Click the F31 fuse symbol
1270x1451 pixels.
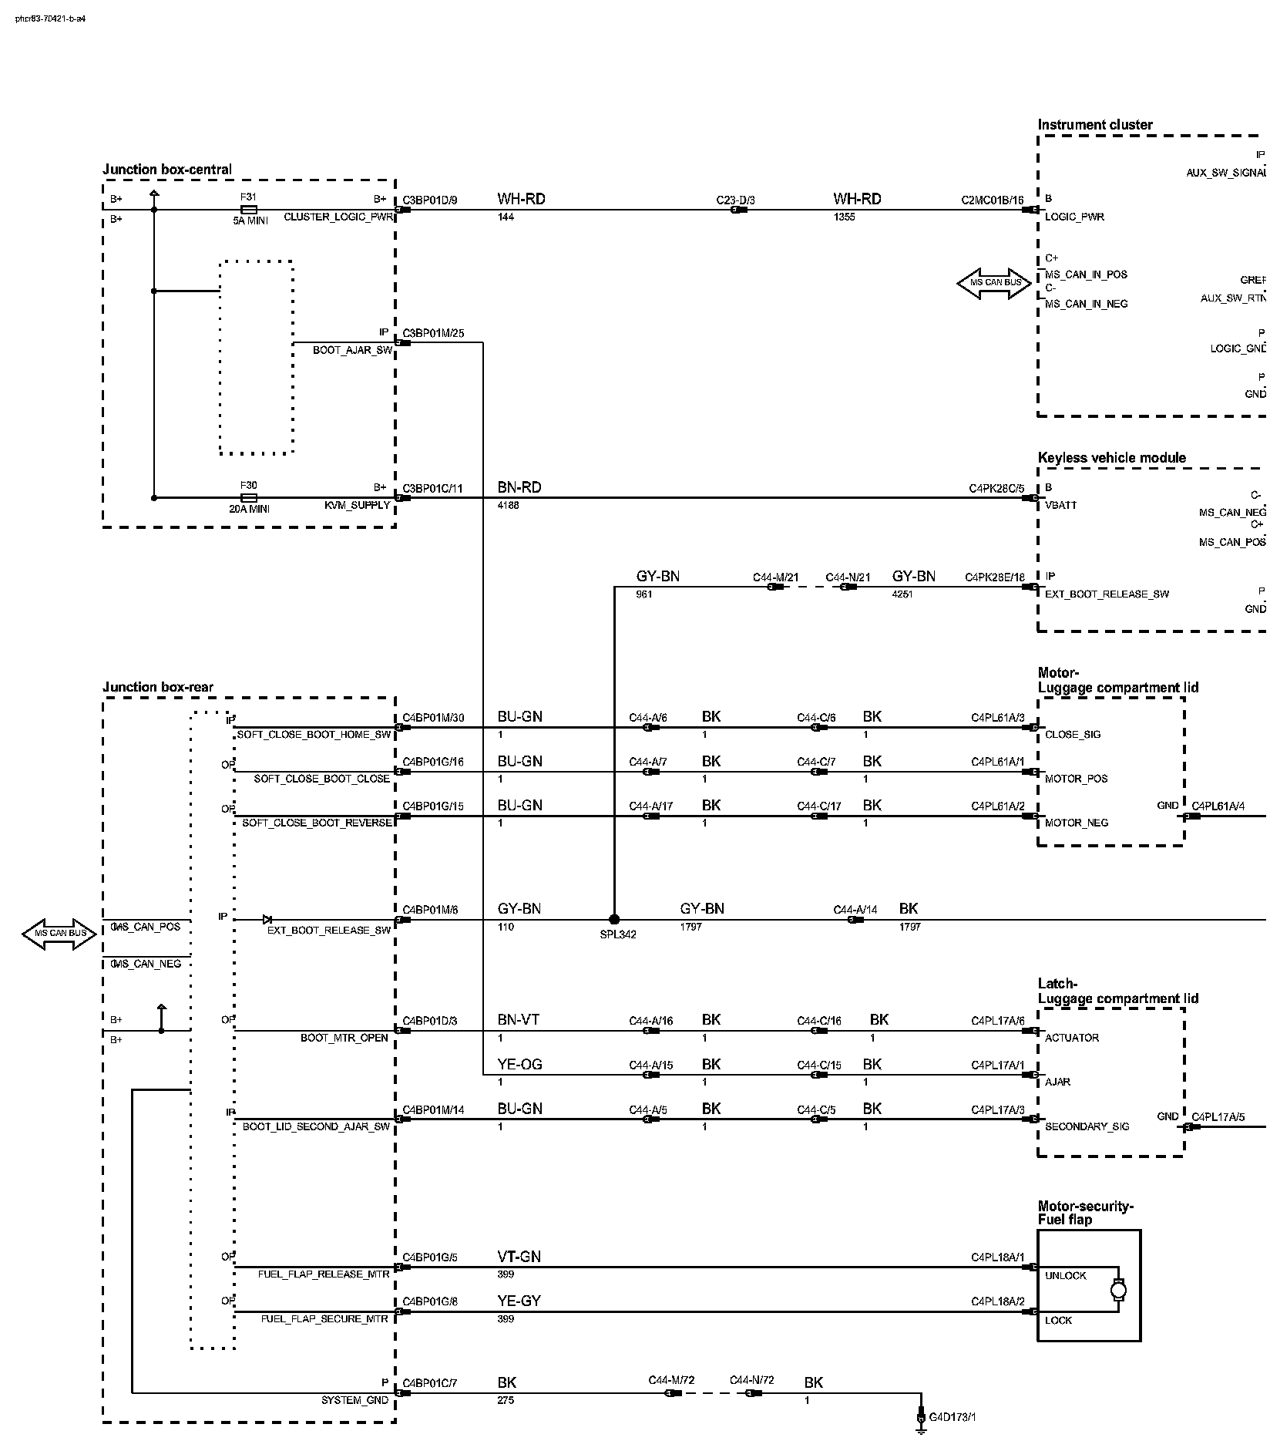pyautogui.click(x=248, y=209)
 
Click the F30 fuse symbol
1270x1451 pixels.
pyautogui.click(x=248, y=498)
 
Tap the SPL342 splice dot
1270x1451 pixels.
pyautogui.click(x=614, y=919)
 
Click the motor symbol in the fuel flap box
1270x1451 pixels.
pyautogui.click(x=1117, y=1290)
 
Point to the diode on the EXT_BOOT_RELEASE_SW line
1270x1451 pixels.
pyautogui.click(x=267, y=919)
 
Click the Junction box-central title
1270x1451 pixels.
pyautogui.click(x=166, y=170)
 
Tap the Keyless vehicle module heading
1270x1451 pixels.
pyautogui.click(x=1111, y=458)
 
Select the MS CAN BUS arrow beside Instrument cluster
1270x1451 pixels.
pyautogui.click(x=994, y=283)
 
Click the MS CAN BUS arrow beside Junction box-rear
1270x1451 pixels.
pyautogui.click(x=59, y=934)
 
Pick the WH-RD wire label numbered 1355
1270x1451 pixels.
pyautogui.click(x=857, y=199)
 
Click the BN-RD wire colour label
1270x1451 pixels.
pyautogui.click(x=519, y=487)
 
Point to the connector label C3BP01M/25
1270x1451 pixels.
pyautogui.click(x=433, y=334)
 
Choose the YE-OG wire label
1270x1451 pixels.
pyautogui.click(x=519, y=1065)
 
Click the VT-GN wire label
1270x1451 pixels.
pyautogui.click(x=519, y=1257)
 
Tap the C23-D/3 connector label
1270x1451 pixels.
pyautogui.click(x=735, y=200)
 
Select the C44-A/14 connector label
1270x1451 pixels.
pyautogui.click(x=855, y=910)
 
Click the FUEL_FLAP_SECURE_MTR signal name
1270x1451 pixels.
pyautogui.click(x=324, y=1319)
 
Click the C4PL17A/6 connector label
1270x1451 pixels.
pyautogui.click(x=997, y=1021)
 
